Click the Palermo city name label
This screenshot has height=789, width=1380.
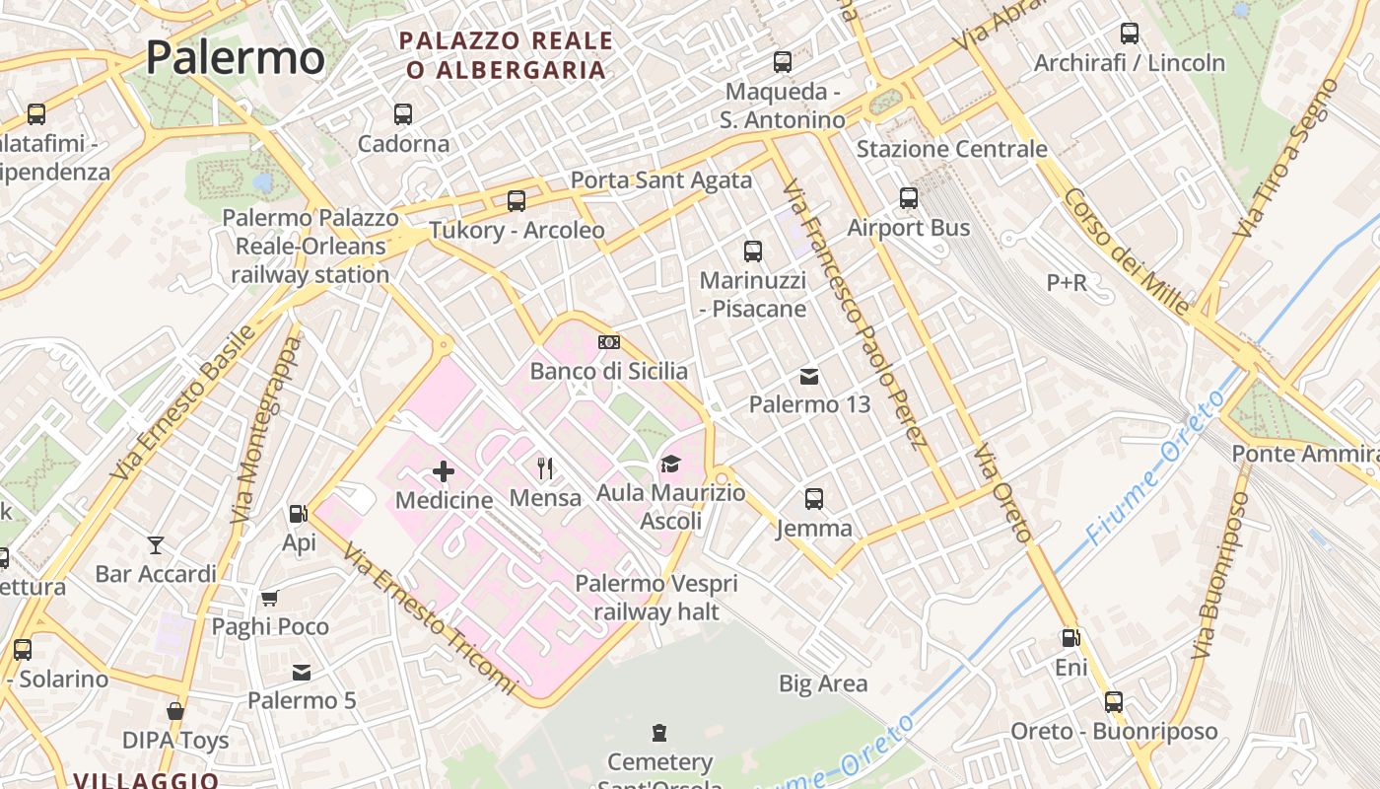(x=235, y=57)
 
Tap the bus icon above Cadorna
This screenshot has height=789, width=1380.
(x=403, y=114)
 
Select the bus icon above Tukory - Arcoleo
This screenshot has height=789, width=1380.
(x=517, y=201)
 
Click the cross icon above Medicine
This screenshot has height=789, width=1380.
(x=444, y=471)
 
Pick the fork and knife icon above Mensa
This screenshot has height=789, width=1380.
(x=545, y=467)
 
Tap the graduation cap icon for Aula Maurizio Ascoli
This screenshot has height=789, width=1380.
(x=670, y=464)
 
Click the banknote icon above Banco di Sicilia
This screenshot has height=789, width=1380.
(x=609, y=342)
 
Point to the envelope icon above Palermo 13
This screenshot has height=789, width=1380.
(x=809, y=376)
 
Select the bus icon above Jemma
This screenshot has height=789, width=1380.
(x=813, y=499)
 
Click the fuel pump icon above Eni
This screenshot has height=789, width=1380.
(x=1070, y=639)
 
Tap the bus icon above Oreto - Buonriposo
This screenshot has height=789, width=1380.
(x=1114, y=702)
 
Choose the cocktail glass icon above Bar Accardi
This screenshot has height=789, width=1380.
(x=156, y=544)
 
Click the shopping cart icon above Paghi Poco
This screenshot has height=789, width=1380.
(x=270, y=597)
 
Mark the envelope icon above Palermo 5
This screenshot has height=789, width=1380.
(x=302, y=673)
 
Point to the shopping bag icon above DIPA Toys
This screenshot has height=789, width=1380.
(x=175, y=711)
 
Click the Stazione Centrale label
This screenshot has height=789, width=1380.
(x=951, y=149)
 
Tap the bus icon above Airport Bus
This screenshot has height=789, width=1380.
(x=909, y=198)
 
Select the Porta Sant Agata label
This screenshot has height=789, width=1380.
(x=661, y=180)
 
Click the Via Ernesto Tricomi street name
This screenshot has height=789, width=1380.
(x=431, y=619)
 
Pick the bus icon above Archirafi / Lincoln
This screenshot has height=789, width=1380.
(x=1130, y=34)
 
